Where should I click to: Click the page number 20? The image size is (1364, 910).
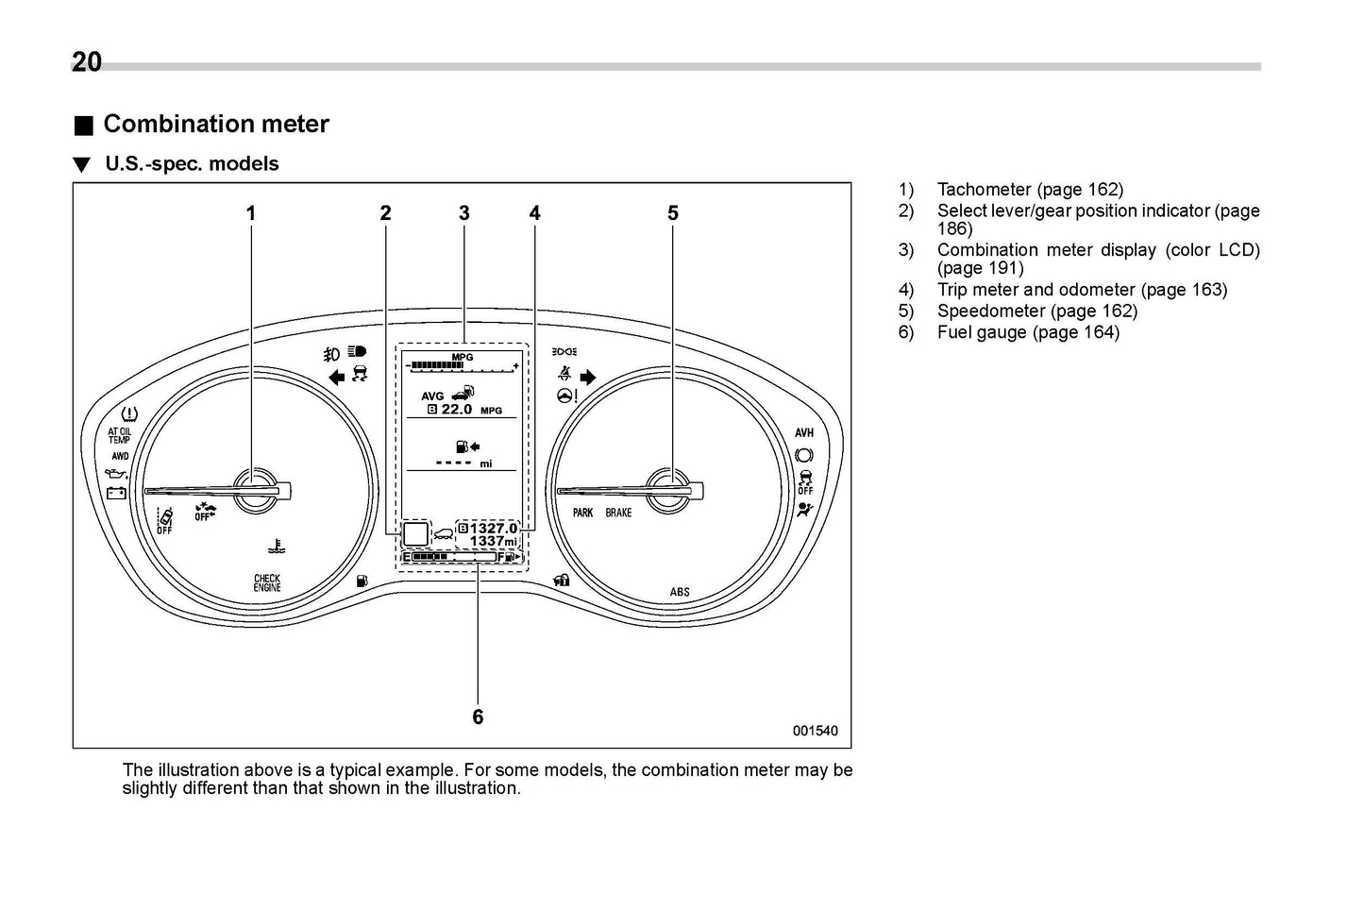click(87, 61)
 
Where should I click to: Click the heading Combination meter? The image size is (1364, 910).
click(215, 124)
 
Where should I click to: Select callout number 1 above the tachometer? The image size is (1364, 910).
click(251, 213)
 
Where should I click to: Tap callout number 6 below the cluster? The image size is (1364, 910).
click(478, 717)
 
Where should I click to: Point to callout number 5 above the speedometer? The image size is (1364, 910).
click(673, 213)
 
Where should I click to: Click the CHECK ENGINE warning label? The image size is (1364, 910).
click(267, 582)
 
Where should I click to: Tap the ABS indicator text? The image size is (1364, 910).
click(680, 592)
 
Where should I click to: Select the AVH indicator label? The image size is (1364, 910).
click(803, 433)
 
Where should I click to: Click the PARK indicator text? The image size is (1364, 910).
click(583, 513)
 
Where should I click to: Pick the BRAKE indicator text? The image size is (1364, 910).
click(618, 513)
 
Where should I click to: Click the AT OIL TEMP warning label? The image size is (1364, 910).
click(120, 436)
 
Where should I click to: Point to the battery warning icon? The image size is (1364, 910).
click(116, 492)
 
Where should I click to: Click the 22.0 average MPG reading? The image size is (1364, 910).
click(457, 410)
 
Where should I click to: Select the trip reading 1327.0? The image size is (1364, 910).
click(494, 529)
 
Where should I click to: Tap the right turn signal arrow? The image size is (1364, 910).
click(588, 378)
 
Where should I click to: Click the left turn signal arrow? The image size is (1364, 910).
click(335, 378)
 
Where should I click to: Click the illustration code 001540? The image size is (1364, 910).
click(815, 731)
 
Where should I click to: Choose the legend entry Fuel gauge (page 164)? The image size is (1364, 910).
click(1027, 332)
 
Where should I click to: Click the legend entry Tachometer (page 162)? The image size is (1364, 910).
click(1030, 190)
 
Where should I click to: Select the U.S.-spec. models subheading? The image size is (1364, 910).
click(192, 164)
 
